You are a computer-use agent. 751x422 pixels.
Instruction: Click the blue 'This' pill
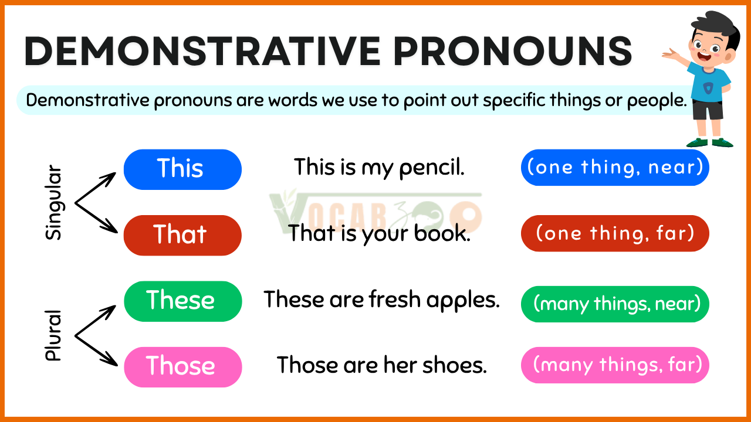point(182,169)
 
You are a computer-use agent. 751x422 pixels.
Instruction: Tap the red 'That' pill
point(182,236)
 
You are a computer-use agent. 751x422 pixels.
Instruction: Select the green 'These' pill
point(182,301)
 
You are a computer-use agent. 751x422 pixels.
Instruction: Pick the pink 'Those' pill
point(182,367)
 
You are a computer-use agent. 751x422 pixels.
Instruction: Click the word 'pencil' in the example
point(431,168)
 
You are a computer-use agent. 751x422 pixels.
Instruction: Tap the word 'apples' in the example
point(463,301)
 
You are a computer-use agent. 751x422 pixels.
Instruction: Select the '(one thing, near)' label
point(615,168)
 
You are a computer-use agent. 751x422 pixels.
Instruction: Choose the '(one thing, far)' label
point(615,233)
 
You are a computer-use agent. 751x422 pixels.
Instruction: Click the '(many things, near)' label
point(615,304)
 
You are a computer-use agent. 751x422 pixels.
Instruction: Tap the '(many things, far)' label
point(615,365)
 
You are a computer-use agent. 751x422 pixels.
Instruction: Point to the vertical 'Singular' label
point(53,202)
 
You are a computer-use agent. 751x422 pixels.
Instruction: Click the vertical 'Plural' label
point(53,335)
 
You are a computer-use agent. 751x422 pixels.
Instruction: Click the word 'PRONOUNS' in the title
point(512,51)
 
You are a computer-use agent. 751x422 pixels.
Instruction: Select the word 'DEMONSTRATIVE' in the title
point(202,51)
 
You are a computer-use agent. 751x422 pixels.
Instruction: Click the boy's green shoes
point(709,142)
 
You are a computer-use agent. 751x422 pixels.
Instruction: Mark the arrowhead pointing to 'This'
point(109,178)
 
